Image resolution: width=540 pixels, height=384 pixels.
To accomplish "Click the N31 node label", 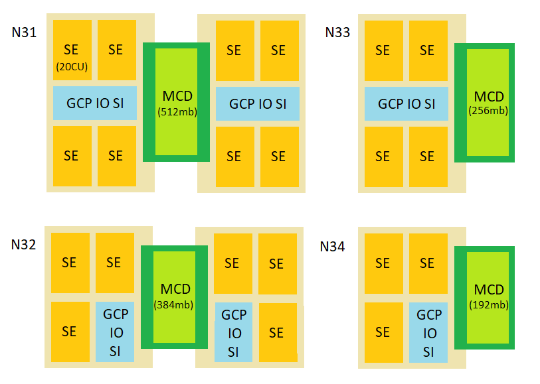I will click(x=25, y=32).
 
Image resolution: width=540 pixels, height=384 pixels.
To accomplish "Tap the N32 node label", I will click(x=23, y=244).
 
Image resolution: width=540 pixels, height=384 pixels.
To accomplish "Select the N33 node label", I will click(x=337, y=32).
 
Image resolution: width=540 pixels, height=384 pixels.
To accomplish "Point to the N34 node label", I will click(x=332, y=247).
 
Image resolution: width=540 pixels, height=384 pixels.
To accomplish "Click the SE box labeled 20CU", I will click(x=72, y=56).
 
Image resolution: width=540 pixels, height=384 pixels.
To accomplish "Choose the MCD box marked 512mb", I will click(x=176, y=102).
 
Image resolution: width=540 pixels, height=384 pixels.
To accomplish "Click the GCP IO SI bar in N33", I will click(x=406, y=103).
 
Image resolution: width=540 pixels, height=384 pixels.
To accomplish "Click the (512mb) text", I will click(x=177, y=111).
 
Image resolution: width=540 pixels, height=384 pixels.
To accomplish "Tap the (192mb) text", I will click(x=489, y=305).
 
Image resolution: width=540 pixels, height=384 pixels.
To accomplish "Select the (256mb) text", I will click(x=488, y=111).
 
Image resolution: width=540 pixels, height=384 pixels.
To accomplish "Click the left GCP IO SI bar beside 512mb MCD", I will click(x=95, y=103).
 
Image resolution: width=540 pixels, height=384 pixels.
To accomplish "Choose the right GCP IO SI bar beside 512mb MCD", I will click(x=258, y=103).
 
